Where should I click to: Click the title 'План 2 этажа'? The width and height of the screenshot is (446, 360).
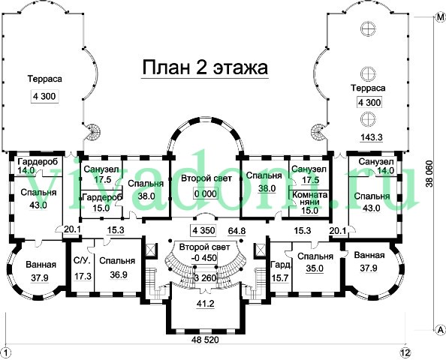tap(205, 68)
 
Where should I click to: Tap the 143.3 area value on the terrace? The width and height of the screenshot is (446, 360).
tap(372, 137)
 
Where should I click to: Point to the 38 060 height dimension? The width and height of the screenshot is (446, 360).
tap(429, 174)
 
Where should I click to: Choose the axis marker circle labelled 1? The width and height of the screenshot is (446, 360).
tap(6, 352)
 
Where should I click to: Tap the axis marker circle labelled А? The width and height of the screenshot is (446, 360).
tap(440, 329)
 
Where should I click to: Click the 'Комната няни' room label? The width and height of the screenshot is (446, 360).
tap(310, 198)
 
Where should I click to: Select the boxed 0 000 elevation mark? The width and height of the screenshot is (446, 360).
tap(206, 193)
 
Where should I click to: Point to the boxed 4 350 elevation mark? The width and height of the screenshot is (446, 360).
tap(203, 230)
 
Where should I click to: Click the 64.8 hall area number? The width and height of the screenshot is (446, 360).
tap(237, 231)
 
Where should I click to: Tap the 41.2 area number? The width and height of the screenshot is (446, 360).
tap(205, 304)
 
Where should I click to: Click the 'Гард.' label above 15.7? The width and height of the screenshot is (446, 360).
tap(281, 265)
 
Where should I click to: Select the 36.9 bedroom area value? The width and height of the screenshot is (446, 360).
tap(119, 274)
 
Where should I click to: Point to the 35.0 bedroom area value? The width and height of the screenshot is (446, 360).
tap(315, 268)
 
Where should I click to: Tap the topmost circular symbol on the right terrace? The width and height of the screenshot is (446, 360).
tap(368, 28)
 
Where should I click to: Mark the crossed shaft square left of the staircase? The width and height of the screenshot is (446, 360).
tap(150, 250)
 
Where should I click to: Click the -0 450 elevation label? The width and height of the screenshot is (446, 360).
tap(204, 258)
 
